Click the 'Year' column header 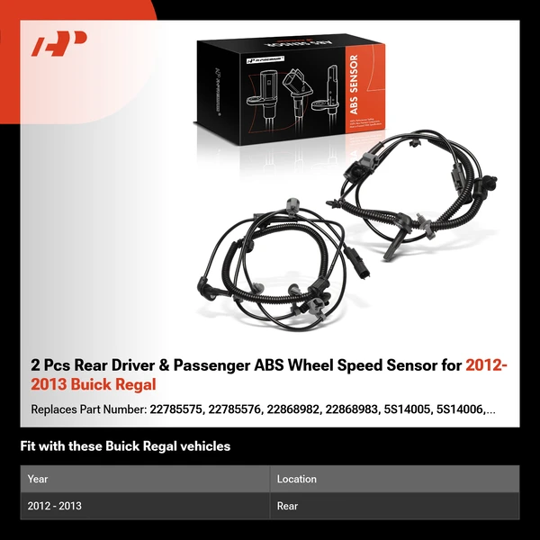coord(38,479)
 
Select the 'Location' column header coord(296,479)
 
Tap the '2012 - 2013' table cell coord(55,506)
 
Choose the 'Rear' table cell coord(288,506)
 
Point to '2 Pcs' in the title coord(50,365)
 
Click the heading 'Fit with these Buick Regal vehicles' coord(125,446)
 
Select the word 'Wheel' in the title coord(304,365)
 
